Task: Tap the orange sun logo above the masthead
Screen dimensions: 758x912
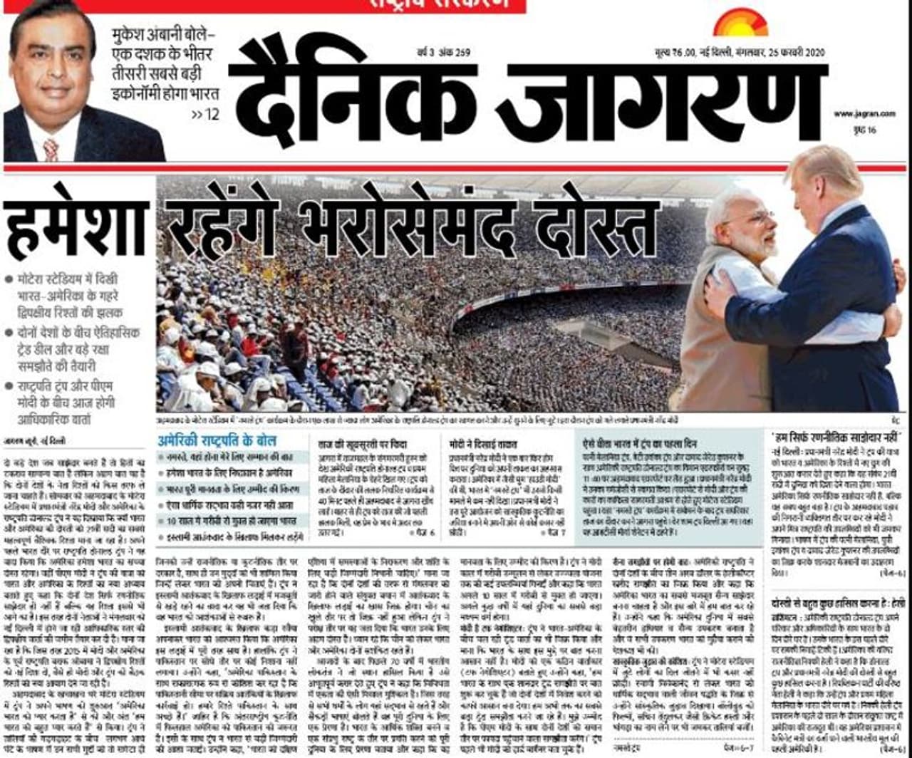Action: pos(740,22)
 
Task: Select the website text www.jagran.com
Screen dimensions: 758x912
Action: pos(864,114)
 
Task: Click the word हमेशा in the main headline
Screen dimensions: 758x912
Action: pos(76,227)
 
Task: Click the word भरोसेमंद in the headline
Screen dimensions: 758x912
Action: pos(393,221)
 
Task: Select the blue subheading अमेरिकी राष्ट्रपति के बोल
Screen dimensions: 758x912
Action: pos(218,441)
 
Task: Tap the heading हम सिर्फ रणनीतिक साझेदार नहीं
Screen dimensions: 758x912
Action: pos(838,434)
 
